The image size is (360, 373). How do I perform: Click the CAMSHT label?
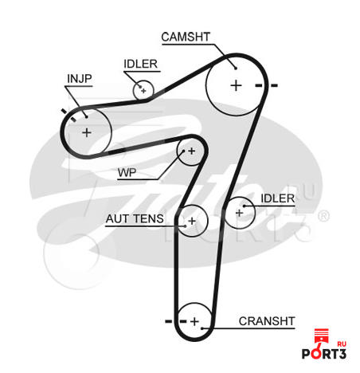tap(186, 37)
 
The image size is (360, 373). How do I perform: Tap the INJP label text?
tap(80, 79)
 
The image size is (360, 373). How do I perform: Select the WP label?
tap(127, 173)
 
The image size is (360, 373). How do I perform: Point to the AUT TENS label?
tap(135, 218)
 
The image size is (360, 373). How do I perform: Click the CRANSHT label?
tap(267, 321)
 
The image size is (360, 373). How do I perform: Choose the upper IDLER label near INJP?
tap(140, 64)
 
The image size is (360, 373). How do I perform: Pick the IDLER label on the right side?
tap(278, 198)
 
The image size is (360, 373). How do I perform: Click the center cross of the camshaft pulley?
tap(236, 85)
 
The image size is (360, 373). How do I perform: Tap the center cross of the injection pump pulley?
tap(87, 132)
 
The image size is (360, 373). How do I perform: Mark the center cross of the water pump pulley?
tap(192, 151)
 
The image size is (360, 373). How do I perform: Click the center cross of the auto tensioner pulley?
tap(192, 221)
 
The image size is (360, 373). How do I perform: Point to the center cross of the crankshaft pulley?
tap(194, 321)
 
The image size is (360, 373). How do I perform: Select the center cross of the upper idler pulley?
tap(143, 91)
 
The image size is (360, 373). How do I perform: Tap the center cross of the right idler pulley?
tap(239, 213)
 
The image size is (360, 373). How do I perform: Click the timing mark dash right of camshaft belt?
tap(274, 85)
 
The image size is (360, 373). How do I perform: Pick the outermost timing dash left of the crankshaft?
tap(169, 321)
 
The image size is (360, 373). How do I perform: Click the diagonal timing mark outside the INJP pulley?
tap(64, 111)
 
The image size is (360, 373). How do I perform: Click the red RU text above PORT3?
tap(342, 344)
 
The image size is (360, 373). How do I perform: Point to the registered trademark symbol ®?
tap(323, 216)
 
